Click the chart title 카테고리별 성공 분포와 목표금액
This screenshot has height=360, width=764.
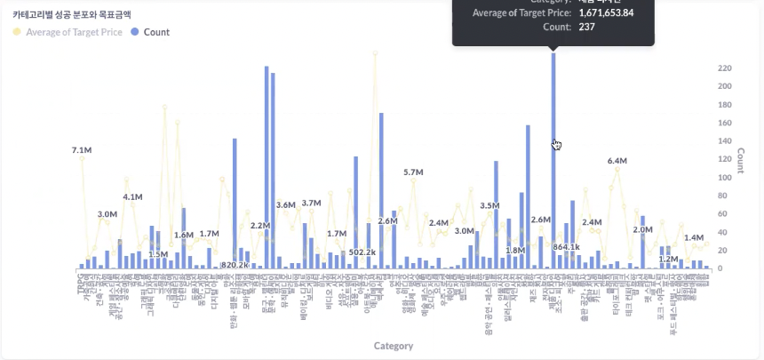point(71,15)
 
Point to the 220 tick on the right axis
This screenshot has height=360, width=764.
point(725,68)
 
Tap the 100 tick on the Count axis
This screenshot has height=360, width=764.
point(725,178)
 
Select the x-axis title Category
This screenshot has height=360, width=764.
point(393,346)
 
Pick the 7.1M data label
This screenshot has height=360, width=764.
point(82,150)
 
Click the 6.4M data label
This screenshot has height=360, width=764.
point(617,161)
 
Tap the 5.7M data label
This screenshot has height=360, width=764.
point(413,172)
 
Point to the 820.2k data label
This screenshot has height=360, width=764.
point(235,265)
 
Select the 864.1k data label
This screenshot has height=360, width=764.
point(566,247)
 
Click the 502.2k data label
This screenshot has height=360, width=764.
point(363,252)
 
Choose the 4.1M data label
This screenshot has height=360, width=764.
point(132,196)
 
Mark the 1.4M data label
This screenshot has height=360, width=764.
point(694,238)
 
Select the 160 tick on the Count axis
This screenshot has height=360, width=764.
point(725,123)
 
